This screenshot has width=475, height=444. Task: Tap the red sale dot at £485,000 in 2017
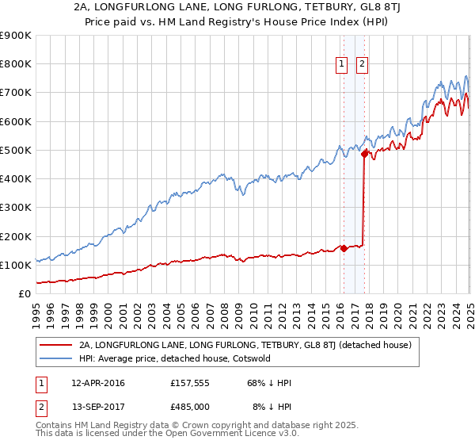coord(365,155)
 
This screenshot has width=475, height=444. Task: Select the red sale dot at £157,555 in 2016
coord(344,248)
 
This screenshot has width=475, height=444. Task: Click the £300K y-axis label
coord(16,208)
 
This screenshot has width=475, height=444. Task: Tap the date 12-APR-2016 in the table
coord(98,383)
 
